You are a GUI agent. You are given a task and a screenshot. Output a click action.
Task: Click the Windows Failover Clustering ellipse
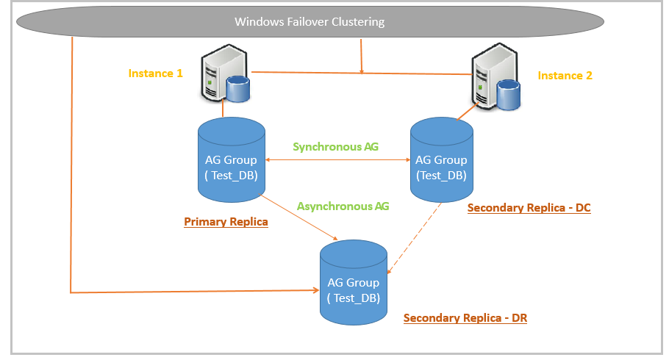[309, 21]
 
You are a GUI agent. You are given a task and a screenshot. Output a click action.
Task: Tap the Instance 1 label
[155, 73]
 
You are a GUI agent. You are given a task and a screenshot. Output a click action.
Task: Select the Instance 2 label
[565, 75]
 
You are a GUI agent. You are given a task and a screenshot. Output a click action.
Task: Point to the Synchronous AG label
[335, 147]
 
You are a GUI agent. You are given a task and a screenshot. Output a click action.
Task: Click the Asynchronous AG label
[343, 206]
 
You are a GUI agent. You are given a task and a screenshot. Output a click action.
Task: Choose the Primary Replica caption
[226, 222]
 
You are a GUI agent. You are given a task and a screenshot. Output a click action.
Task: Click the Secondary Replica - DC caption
[529, 208]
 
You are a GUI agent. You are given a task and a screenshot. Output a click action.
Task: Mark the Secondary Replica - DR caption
[465, 318]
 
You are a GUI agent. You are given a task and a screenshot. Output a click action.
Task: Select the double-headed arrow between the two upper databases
[337, 160]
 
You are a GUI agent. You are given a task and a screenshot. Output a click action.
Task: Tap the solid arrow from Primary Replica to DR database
[300, 219]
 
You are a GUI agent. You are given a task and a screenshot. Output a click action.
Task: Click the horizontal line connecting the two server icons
[360, 73]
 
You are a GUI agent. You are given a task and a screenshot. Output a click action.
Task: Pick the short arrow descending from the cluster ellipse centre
[361, 54]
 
